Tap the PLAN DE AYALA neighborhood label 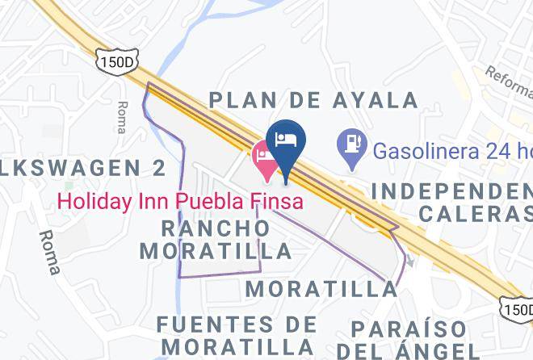313,100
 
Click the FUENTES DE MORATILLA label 237,335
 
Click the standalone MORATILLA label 321,288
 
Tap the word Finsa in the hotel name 276,199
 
